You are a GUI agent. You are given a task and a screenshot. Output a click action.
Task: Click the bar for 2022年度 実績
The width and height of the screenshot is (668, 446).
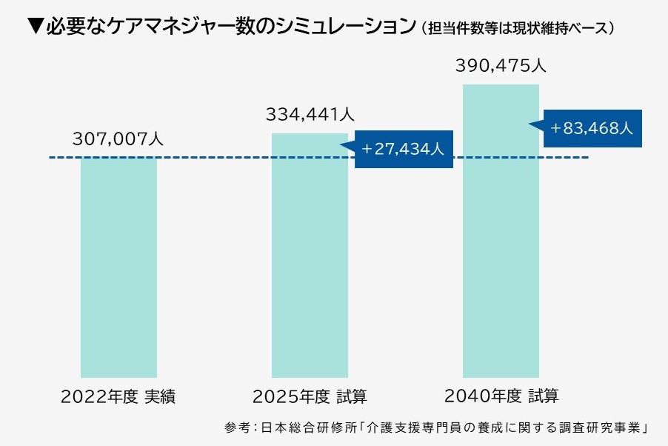point(118,267)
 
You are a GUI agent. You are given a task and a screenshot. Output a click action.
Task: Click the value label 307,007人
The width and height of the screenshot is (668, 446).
point(118,139)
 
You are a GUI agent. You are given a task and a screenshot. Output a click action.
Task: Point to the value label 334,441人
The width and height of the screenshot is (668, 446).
point(310,115)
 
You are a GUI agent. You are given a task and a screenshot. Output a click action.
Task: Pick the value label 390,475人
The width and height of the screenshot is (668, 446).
point(501,66)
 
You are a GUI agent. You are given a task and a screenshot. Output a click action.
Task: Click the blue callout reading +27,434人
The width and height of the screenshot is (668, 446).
point(404,150)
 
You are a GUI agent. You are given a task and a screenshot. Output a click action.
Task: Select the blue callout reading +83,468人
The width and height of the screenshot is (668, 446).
point(592,128)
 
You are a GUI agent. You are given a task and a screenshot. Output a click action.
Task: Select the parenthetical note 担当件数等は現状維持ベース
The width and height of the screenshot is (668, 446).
point(518,29)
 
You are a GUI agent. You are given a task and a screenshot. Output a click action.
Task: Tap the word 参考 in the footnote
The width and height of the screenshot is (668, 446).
point(236,428)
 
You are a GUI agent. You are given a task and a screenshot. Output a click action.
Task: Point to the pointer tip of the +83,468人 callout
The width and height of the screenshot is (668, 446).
point(530,124)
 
